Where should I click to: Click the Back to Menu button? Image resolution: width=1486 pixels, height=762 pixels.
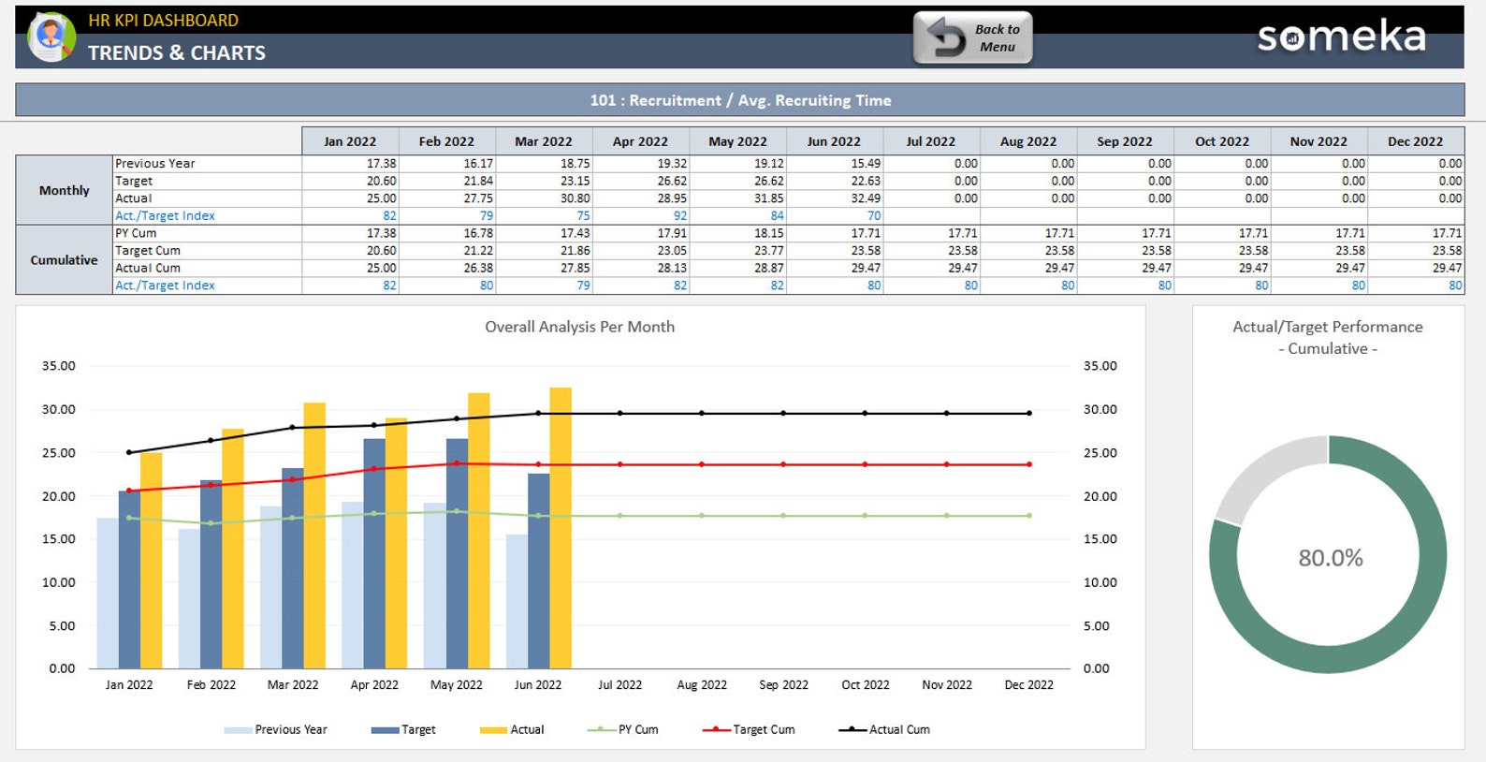[x=973, y=38]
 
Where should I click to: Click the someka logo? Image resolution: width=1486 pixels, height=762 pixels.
[x=1341, y=37]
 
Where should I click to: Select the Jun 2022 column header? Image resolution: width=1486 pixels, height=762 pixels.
[x=833, y=141]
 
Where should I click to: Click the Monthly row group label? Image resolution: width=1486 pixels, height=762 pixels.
[x=64, y=190]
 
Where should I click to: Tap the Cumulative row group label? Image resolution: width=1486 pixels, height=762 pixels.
[x=64, y=260]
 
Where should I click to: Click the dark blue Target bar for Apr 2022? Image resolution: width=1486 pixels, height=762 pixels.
[x=374, y=552]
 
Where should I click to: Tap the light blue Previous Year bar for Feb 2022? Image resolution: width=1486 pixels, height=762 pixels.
[x=189, y=599]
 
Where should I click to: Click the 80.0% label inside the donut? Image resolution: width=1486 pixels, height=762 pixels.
[x=1330, y=559]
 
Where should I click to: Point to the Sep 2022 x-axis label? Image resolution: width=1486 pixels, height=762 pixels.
[x=783, y=685]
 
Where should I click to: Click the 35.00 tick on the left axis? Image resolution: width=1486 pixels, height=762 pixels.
[x=58, y=366]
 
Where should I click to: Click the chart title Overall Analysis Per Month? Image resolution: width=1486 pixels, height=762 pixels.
[x=579, y=327]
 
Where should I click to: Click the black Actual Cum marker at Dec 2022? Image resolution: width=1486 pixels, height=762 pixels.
[x=1029, y=413]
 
